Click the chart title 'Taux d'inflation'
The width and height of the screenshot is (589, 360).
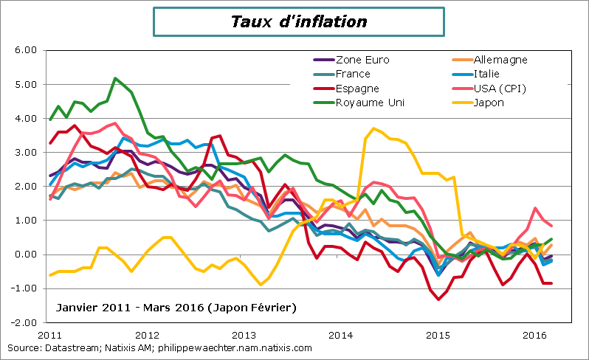point(298,21)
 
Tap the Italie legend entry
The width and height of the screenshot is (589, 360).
point(486,74)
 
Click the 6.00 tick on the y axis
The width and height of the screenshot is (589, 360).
point(26,50)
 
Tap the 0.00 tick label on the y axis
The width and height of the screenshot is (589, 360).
point(26,255)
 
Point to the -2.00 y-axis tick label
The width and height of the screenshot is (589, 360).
point(24,322)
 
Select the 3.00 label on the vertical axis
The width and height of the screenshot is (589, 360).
point(26,153)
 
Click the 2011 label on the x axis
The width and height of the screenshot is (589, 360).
point(49,334)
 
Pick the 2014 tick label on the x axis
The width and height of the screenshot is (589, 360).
point(340,334)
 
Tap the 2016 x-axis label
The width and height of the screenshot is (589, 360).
point(534,334)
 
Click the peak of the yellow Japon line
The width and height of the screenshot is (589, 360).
point(374,128)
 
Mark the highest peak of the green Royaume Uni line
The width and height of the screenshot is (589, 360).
point(116,78)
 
